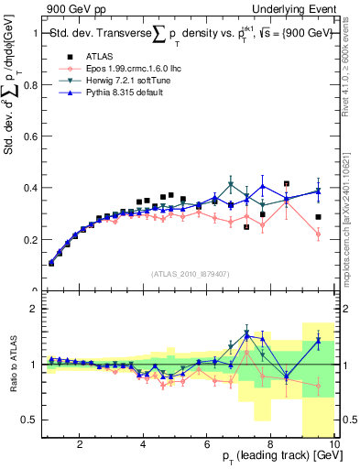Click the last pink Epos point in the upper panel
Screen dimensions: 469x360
click(318, 234)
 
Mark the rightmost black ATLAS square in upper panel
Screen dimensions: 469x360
click(318, 217)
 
